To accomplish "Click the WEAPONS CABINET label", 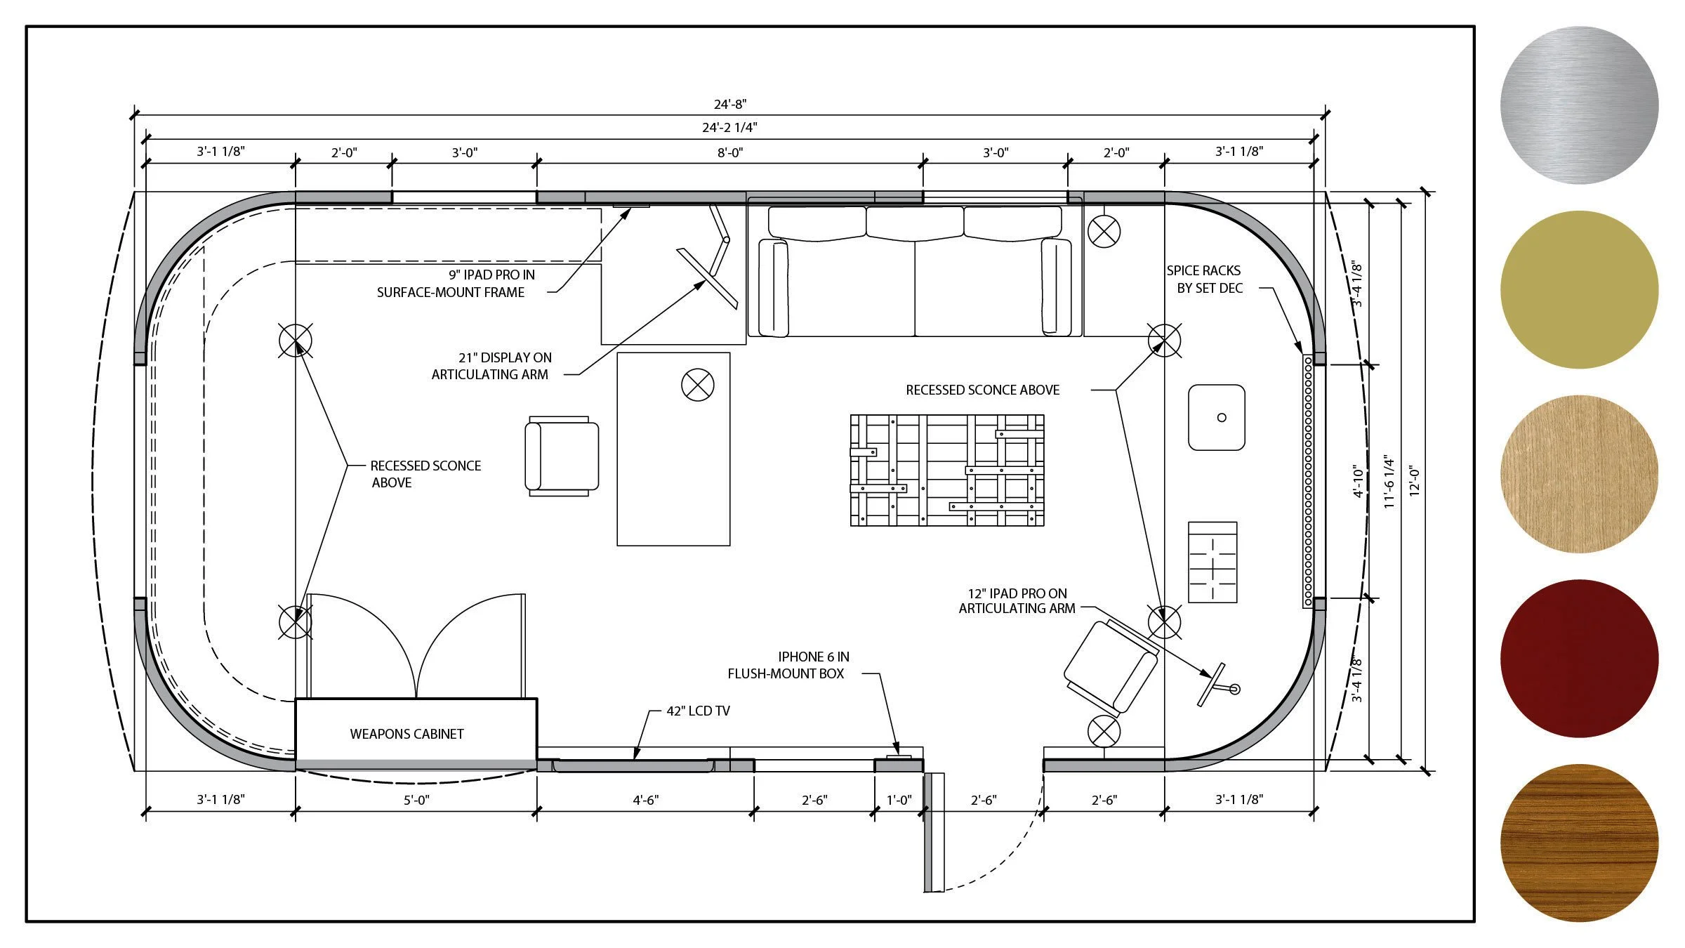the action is (x=407, y=734).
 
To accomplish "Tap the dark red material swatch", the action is (x=1579, y=658).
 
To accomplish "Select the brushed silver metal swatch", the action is (x=1579, y=105).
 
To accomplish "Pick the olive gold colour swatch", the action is (x=1579, y=289).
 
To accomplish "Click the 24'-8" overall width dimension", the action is (x=730, y=104).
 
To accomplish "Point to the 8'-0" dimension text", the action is (x=730, y=152).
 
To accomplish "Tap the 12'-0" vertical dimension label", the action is (x=1415, y=482).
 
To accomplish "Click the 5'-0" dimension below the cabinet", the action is (x=416, y=800).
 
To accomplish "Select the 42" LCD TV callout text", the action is (x=698, y=711).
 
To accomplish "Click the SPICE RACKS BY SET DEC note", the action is (x=1204, y=279).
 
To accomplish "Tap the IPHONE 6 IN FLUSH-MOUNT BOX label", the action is (x=788, y=665).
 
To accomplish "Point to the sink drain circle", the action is (x=1222, y=418).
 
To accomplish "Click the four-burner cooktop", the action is (x=1212, y=562).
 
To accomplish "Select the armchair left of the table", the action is (x=562, y=456).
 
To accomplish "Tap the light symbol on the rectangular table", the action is (x=698, y=386).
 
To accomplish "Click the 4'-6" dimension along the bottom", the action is (x=646, y=800).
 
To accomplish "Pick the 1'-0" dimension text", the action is (x=899, y=800).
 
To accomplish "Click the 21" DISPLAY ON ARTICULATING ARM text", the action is (x=491, y=366).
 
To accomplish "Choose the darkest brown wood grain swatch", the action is (x=1579, y=843).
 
